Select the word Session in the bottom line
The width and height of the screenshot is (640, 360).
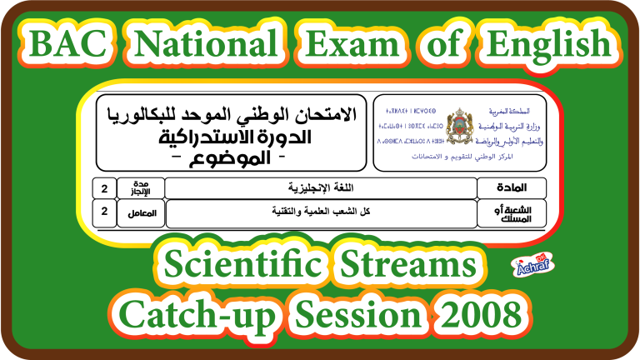[x=361, y=315]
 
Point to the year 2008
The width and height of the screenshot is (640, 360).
[x=487, y=315]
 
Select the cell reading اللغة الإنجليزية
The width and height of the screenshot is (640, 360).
[x=320, y=187]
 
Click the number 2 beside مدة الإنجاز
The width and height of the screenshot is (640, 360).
[x=104, y=187]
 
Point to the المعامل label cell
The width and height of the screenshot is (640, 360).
[x=142, y=212]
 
